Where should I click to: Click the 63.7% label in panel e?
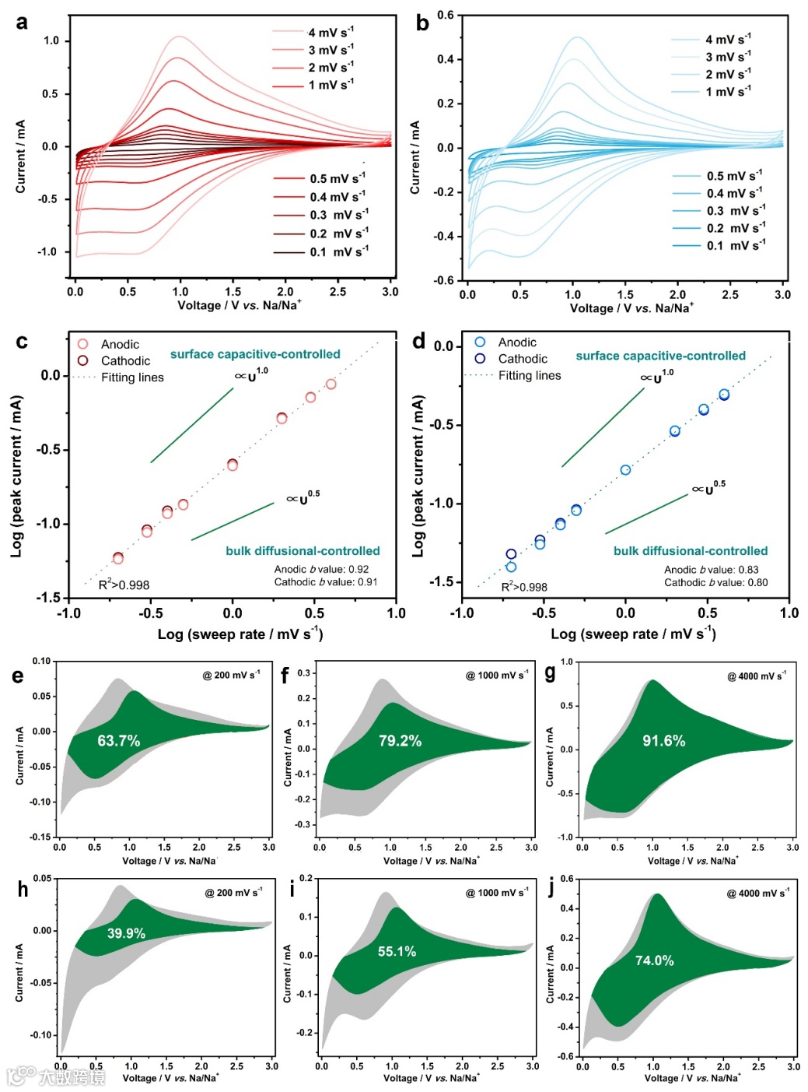point(118,741)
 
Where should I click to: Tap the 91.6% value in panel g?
point(663,741)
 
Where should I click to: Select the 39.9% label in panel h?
point(125,933)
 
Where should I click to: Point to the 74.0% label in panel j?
point(654,960)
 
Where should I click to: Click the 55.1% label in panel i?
point(397,951)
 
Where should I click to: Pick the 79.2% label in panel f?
point(400,741)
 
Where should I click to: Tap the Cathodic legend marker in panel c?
point(83,360)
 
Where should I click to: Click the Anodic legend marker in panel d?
point(480,342)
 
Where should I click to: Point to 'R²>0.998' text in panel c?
point(124,585)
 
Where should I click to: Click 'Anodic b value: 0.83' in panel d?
point(711,570)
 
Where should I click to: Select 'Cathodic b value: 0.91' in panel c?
point(326,581)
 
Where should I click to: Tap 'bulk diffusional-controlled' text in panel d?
point(690,551)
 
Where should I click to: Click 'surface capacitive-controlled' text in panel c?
point(255,354)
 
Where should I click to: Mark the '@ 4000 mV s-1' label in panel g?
point(756,676)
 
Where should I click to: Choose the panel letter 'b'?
point(422,23)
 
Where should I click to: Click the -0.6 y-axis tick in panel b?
point(445,280)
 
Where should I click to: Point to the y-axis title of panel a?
point(20,156)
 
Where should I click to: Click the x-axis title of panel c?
point(240,634)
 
